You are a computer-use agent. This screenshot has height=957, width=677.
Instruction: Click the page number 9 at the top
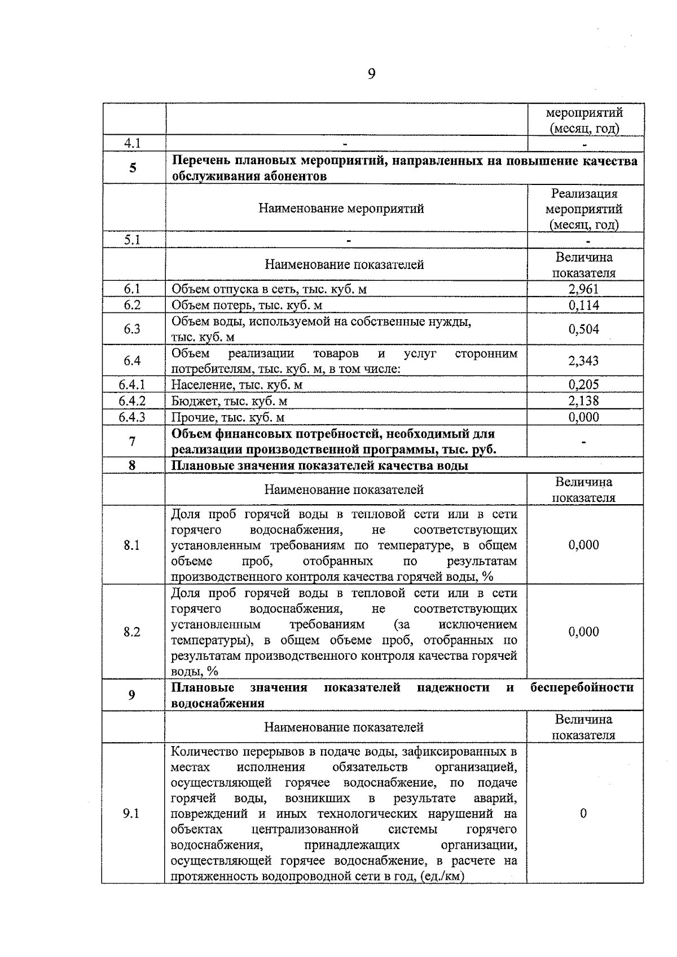click(x=371, y=74)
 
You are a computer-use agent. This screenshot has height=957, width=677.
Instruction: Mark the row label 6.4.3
click(x=132, y=417)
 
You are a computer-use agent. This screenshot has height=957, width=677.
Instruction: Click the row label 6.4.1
click(x=132, y=385)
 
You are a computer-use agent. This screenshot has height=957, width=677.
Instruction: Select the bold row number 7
click(x=132, y=442)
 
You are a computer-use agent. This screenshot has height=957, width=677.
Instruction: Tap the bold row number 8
click(x=132, y=466)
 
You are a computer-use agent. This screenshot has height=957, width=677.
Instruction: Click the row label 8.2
click(x=132, y=632)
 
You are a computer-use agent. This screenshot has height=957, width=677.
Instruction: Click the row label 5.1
click(x=132, y=240)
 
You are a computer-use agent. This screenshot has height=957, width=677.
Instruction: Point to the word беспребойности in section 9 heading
click(x=582, y=687)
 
